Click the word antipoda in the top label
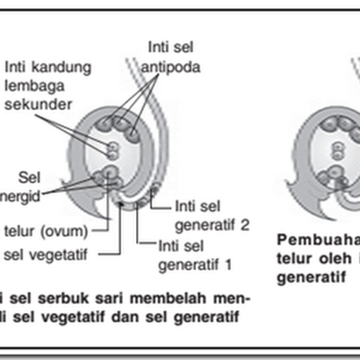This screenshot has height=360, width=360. point(171,67)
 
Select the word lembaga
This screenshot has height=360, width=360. point(35,85)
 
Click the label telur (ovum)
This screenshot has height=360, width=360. point(45,232)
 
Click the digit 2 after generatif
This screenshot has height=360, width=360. point(244,225)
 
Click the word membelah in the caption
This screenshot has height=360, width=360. point(180,299)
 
